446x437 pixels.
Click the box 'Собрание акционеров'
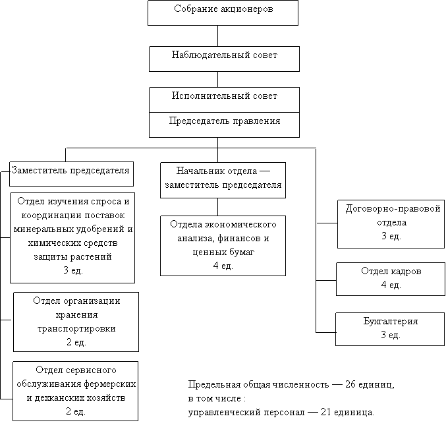(223, 13)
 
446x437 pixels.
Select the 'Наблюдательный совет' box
(224, 58)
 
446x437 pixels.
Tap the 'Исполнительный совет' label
(224, 96)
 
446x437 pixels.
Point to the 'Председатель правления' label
(224, 122)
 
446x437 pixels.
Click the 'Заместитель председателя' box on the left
(71, 173)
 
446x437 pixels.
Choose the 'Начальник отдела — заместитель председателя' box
(223, 180)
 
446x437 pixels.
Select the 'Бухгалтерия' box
(391, 328)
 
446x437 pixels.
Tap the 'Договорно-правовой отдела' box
(391, 223)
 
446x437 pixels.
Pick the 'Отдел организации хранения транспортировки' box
(76, 322)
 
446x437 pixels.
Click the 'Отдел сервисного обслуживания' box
(76, 390)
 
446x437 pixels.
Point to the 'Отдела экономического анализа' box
(223, 245)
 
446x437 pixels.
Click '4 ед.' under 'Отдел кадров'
(391, 285)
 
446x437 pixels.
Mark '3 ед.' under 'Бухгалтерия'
(391, 335)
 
